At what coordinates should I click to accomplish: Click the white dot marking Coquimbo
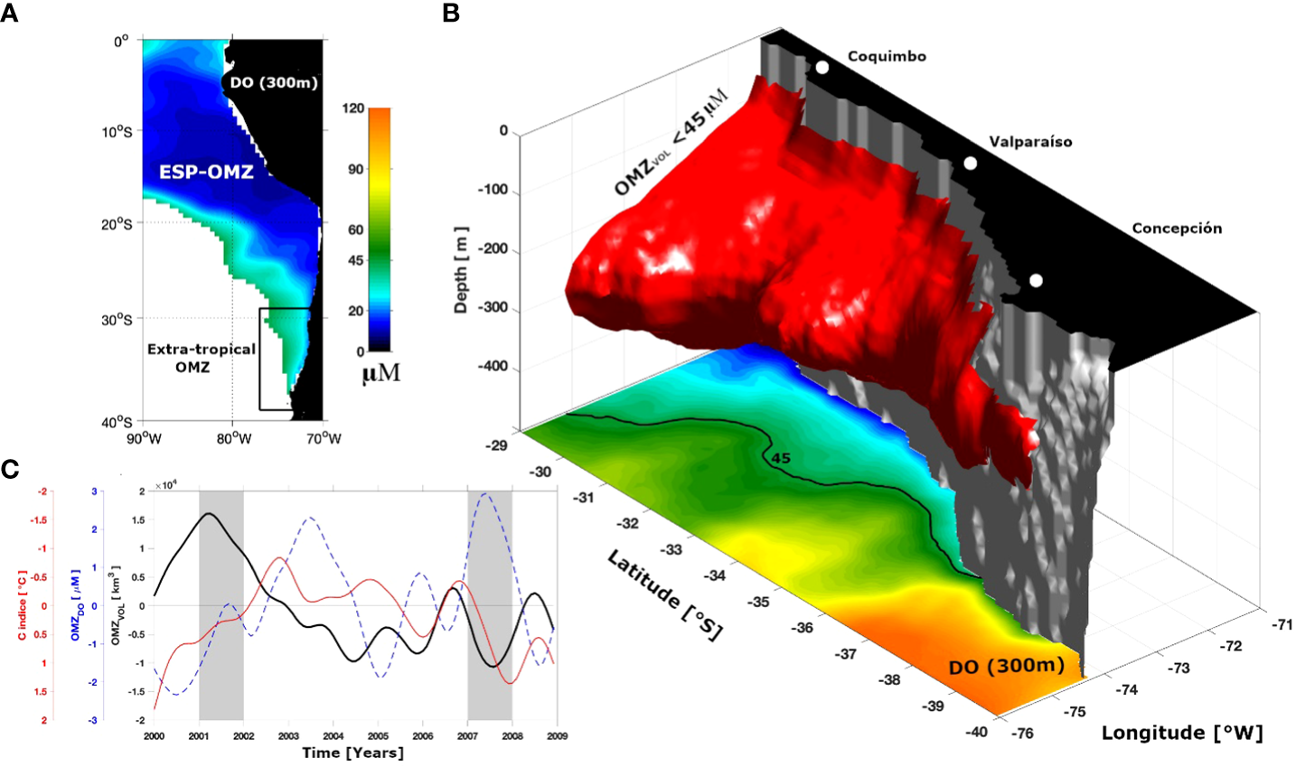[x=822, y=68]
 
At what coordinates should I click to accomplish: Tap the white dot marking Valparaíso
[x=971, y=164]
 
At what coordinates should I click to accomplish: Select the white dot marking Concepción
[x=1036, y=281]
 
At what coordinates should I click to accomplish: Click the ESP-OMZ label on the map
[x=206, y=172]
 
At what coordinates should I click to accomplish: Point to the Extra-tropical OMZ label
[x=202, y=358]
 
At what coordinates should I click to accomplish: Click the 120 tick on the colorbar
[x=353, y=108]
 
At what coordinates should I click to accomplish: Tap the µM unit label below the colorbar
[x=380, y=373]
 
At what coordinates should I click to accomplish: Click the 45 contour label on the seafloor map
[x=781, y=459]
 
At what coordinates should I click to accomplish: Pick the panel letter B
[x=450, y=13]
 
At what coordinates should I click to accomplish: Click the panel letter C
[x=10, y=469]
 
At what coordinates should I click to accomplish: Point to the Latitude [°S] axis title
[x=664, y=596]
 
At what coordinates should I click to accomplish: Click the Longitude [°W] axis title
[x=1181, y=732]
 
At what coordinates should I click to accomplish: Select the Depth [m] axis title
[x=461, y=269]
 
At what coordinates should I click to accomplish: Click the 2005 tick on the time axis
[x=378, y=736]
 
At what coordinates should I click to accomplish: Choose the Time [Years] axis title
[x=352, y=753]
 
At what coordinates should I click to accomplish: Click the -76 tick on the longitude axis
[x=1022, y=733]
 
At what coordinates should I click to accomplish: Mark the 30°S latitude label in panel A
[x=117, y=320]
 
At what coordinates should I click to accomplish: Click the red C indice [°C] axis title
[x=22, y=606]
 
